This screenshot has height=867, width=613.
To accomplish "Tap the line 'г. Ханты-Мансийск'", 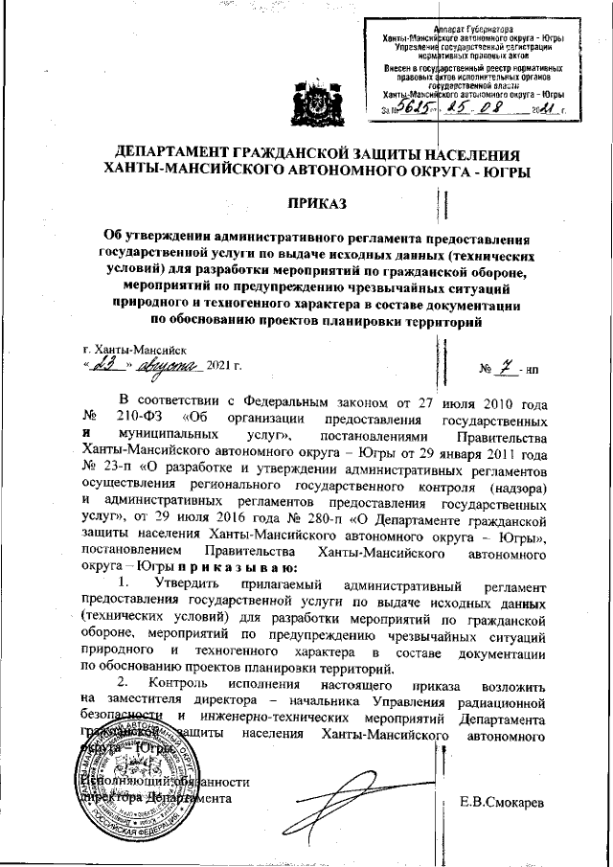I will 135,352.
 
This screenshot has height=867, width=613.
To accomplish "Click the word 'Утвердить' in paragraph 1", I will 193,583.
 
